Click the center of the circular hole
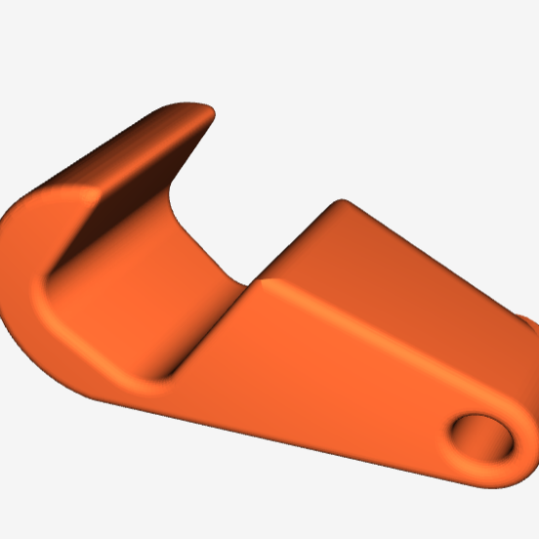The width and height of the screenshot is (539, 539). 483,436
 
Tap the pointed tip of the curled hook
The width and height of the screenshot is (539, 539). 206,114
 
